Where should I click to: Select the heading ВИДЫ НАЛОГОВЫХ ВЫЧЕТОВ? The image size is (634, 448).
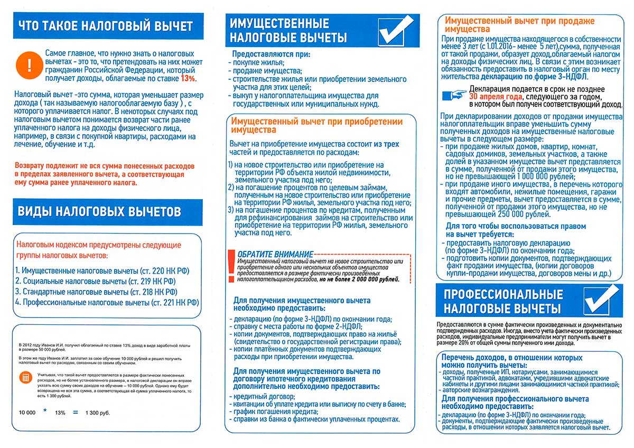pos(100,211)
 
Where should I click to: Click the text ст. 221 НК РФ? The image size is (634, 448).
pos(174,303)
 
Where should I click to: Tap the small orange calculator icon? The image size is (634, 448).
pos(25,377)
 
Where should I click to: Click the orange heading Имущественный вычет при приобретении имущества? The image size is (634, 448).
pos(314,126)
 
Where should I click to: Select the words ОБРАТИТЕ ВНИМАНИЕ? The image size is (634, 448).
pos(275,254)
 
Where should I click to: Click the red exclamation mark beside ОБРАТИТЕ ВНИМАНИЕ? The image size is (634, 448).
pos(230,267)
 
